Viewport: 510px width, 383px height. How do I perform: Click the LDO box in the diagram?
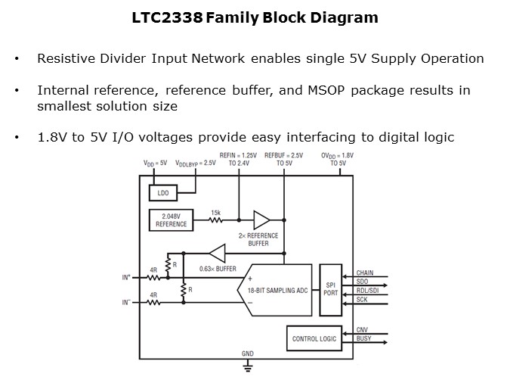(x=163, y=194)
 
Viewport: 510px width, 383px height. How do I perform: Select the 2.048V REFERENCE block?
(x=171, y=220)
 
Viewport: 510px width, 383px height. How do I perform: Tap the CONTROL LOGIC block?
(x=314, y=338)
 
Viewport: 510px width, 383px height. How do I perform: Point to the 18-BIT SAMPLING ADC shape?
(x=276, y=291)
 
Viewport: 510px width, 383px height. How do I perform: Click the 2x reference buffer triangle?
(x=261, y=220)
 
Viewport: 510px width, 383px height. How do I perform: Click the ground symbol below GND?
(x=247, y=367)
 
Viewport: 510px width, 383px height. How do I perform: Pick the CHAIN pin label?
(x=365, y=273)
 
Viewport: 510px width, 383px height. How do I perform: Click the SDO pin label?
(x=363, y=282)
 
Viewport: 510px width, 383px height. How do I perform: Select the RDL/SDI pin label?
(x=367, y=291)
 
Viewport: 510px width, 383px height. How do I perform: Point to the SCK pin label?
(x=363, y=300)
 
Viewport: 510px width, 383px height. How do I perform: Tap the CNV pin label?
(x=363, y=330)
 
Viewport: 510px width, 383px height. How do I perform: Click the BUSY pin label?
(x=364, y=339)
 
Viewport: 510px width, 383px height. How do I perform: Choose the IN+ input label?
(x=126, y=278)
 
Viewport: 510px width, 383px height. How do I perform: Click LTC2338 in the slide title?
(x=168, y=17)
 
